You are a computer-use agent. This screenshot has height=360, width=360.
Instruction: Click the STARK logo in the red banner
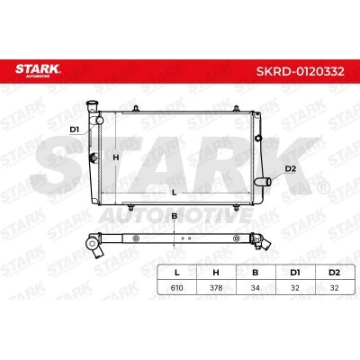coord(38,70)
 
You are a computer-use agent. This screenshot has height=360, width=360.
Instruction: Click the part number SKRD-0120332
coord(301,71)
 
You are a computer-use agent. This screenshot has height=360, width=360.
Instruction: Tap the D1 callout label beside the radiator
coord(74,130)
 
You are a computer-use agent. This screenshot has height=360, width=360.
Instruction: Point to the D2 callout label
coord(291,169)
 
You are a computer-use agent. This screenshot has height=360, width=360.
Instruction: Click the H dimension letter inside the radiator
coord(116,157)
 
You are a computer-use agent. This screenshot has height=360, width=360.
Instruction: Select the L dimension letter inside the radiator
coord(175,193)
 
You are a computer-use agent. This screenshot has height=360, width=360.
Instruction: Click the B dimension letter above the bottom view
coord(175,216)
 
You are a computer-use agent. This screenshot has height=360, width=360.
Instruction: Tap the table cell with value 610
coord(176,288)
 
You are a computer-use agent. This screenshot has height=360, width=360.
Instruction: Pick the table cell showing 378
coord(216,288)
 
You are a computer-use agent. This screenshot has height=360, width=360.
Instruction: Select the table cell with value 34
coord(256,288)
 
